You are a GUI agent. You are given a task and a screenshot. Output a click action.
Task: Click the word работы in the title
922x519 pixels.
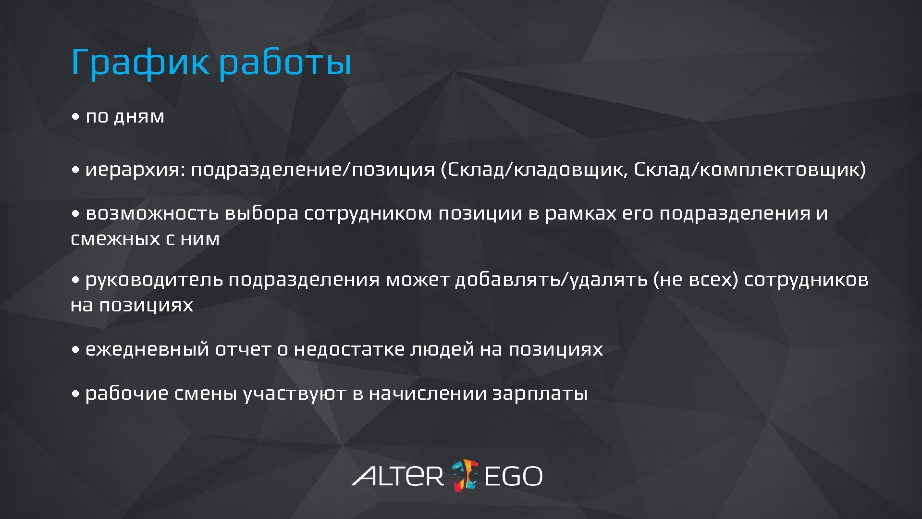click(x=285, y=62)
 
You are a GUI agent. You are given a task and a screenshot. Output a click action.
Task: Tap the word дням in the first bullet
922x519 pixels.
click(x=139, y=117)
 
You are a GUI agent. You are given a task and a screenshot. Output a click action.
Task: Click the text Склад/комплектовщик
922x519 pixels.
click(x=750, y=170)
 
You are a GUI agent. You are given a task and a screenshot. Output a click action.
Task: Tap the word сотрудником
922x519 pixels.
click(x=368, y=213)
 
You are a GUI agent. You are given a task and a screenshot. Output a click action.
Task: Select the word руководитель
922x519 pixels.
click(x=154, y=280)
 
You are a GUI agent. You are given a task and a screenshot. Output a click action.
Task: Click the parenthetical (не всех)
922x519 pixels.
click(x=695, y=280)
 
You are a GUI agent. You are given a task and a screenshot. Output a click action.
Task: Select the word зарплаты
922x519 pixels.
click(x=540, y=394)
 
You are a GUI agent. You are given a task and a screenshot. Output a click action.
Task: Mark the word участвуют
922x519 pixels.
click(x=294, y=394)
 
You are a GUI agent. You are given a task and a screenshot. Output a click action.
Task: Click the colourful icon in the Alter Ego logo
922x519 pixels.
click(x=465, y=475)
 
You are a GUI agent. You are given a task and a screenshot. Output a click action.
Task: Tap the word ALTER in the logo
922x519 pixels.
click(x=398, y=476)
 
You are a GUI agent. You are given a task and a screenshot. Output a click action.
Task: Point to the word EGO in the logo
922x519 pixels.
click(x=513, y=476)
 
